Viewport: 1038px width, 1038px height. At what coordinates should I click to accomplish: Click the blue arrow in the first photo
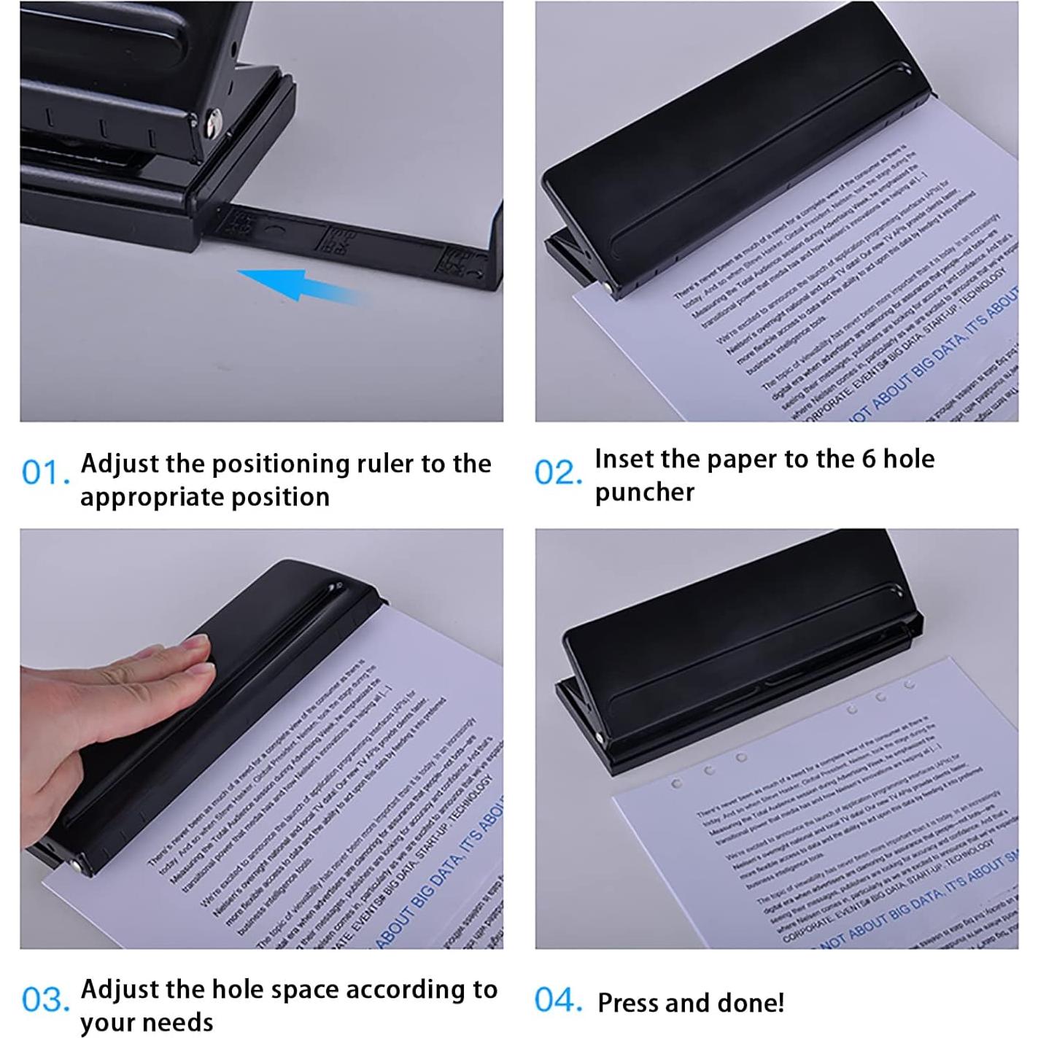coord(299,284)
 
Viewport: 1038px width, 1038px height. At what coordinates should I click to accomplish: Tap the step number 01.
coord(45,473)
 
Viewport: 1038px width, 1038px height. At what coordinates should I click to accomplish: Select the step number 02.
coord(558,473)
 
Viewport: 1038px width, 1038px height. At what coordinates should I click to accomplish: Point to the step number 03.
coord(45,1000)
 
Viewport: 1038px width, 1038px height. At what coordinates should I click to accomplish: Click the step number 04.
coord(558,1000)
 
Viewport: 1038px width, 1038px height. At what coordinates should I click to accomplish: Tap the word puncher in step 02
coord(644,492)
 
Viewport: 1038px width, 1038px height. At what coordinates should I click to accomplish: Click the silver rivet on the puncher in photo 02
coord(608,290)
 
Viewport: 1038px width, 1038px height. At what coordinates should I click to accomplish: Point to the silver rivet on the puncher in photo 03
coord(77,866)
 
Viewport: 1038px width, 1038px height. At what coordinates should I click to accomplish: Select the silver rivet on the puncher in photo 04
coord(598,738)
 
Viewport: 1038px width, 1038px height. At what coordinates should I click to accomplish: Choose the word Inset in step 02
coord(623,460)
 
